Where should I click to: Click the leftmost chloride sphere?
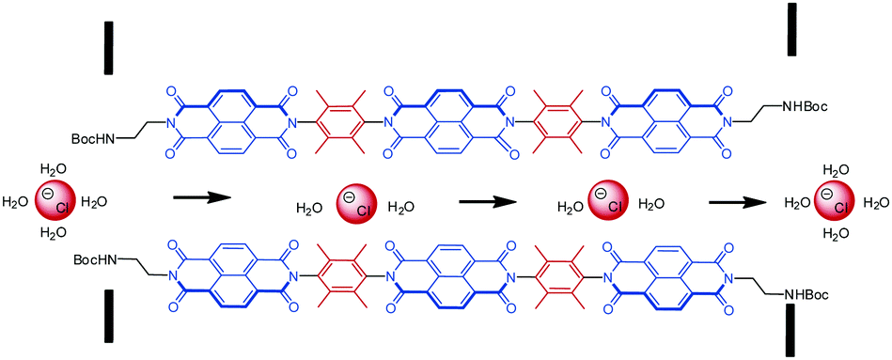(x=53, y=201)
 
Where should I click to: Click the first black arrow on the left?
(x=202, y=198)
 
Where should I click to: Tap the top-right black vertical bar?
(x=792, y=30)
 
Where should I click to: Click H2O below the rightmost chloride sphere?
(x=835, y=232)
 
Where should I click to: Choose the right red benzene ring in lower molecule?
(x=558, y=276)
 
